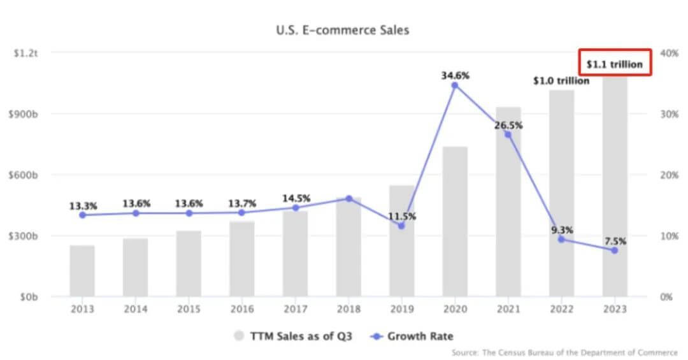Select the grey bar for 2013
coord(82,271)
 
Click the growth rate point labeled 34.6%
coord(455,85)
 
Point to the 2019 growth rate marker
coord(401,226)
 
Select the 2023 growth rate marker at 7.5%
coord(615,250)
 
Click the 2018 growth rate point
coord(348,199)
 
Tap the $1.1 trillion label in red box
coord(615,64)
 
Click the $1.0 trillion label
coord(561,81)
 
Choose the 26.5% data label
coord(508,126)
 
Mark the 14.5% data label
coord(295,198)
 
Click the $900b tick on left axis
coord(25,114)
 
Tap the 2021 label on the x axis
coord(508,309)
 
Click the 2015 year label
coord(189,309)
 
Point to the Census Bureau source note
coord(564,352)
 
